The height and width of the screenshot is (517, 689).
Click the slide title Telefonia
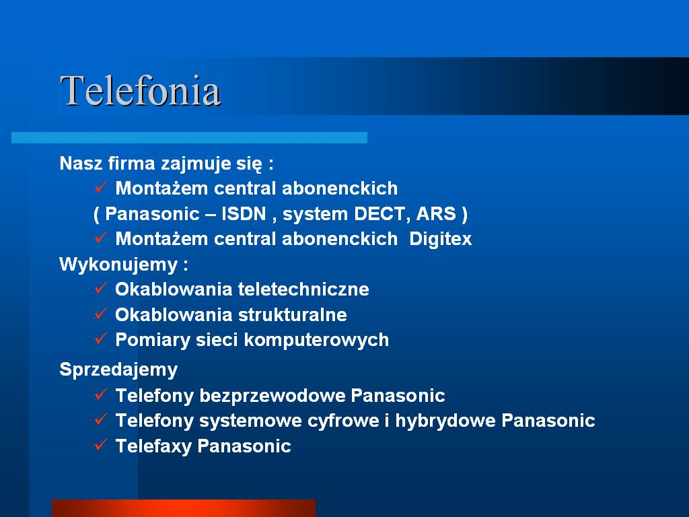[140, 91]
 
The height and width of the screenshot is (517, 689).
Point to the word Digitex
[440, 239]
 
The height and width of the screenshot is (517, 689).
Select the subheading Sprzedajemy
[118, 370]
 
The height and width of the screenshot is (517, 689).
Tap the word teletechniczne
[303, 289]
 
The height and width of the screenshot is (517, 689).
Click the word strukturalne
[293, 315]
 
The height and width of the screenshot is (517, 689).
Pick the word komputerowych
[316, 340]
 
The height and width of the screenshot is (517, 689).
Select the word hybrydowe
[445, 421]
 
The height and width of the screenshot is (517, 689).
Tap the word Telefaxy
[153, 446]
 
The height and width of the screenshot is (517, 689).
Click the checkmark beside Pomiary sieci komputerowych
[101, 338]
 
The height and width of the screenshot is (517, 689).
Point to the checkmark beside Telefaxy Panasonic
[101, 444]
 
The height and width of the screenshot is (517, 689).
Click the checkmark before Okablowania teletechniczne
[101, 287]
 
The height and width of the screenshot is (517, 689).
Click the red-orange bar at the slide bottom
[184, 508]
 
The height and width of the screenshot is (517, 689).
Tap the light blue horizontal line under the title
[189, 137]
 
